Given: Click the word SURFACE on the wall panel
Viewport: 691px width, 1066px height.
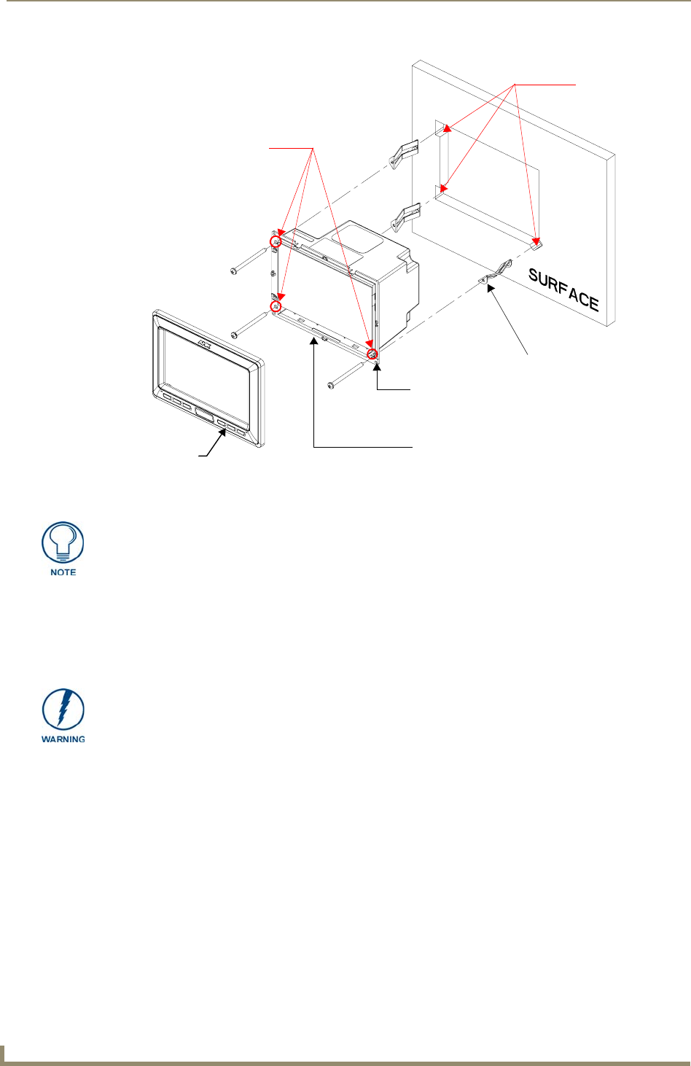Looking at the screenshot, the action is click(563, 290).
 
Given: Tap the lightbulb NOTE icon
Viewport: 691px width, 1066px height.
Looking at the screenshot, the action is click(63, 544).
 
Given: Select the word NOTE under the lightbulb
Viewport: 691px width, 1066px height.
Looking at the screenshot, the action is click(63, 572).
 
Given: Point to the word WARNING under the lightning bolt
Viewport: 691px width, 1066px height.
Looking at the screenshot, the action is click(63, 739).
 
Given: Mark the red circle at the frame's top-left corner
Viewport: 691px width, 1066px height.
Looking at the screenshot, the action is click(276, 241).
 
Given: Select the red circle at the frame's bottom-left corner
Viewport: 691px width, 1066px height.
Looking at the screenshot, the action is click(276, 306).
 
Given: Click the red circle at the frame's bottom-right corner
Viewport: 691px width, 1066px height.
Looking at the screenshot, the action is click(372, 354).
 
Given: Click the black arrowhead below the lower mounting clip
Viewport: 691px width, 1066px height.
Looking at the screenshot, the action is click(491, 289).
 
